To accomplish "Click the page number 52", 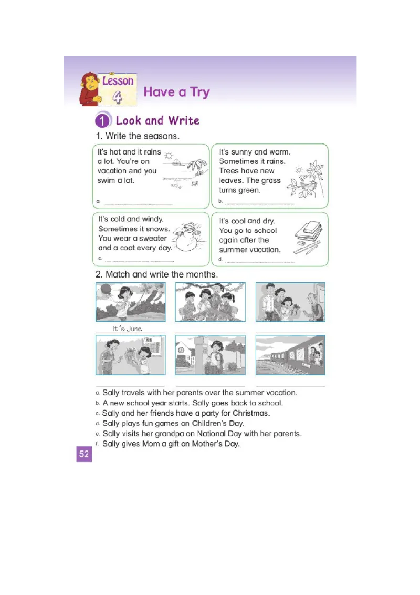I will tap(84, 454).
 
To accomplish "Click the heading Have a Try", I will tap(176, 92).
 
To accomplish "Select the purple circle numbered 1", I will tap(102, 121).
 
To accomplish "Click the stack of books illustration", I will tap(309, 232).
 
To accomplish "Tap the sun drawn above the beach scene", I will tap(169, 155).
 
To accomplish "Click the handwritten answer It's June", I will tap(128, 329).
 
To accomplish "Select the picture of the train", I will tap(290, 355).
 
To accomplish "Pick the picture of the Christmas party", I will tap(210, 302).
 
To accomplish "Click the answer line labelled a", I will tap(138, 203).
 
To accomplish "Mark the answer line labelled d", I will tap(260, 261).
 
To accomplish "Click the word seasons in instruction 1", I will tap(162, 136).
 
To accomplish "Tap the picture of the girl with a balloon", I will tap(130, 302).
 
